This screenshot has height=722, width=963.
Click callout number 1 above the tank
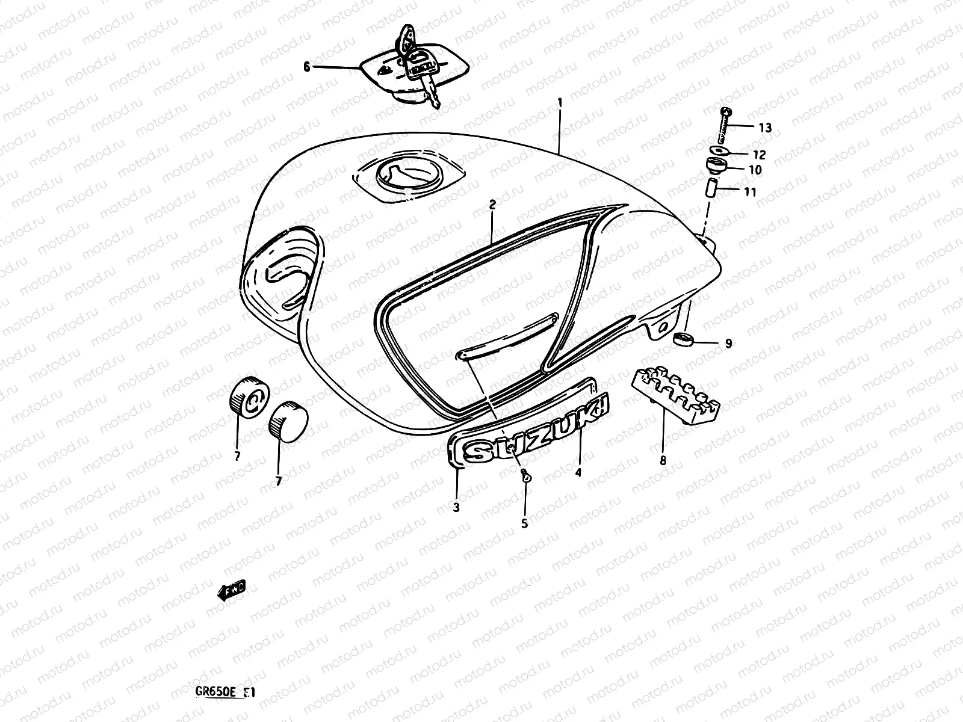pos(560,103)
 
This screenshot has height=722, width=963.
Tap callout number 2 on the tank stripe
pos(492,205)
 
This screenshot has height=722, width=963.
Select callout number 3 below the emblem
pos(456,507)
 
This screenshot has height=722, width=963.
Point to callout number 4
pos(578,472)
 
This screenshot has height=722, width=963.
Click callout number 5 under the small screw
pos(524,523)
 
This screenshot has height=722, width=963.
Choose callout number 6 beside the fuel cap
pos(307,67)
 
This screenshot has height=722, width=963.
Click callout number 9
pos(728,344)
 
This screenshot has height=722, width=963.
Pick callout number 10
pos(755,170)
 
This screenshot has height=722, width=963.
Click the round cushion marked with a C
pos(249,396)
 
